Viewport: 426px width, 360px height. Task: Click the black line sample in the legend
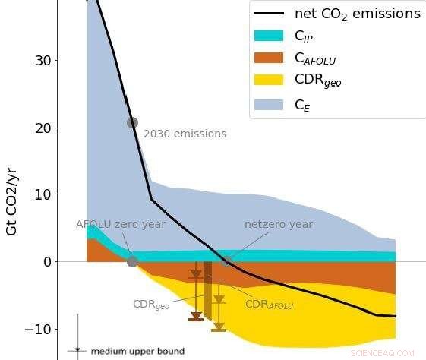(x=269, y=14)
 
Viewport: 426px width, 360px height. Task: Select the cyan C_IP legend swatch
(x=269, y=36)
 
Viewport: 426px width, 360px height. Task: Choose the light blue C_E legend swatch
(x=269, y=105)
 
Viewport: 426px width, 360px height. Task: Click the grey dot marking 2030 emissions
(x=132, y=122)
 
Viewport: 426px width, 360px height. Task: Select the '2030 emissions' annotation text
(x=185, y=134)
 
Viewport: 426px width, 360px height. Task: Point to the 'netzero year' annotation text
(x=278, y=225)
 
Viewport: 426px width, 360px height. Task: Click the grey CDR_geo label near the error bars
(x=151, y=305)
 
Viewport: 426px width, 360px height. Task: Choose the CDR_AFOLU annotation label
(x=269, y=305)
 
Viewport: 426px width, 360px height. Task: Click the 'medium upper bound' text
(x=137, y=352)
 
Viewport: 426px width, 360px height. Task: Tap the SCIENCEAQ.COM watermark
(x=383, y=353)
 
